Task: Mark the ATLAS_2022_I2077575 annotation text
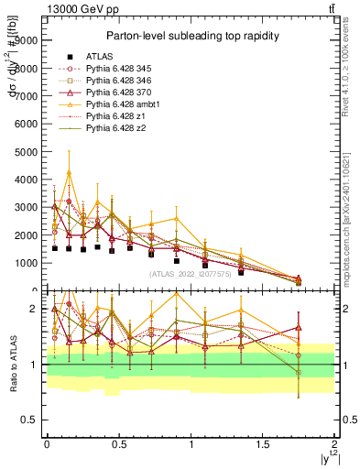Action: point(190,274)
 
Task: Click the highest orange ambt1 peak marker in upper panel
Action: point(69,173)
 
